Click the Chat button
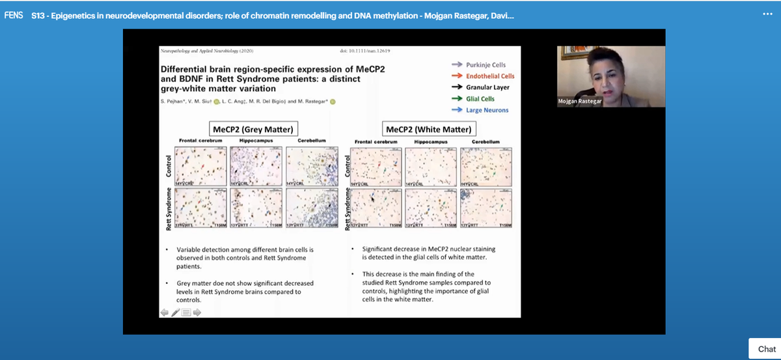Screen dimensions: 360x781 766,349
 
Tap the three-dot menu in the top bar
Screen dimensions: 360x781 767,14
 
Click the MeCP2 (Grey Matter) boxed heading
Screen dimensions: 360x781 251,129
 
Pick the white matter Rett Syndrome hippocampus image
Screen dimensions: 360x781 431,208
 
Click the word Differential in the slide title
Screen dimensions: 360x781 187,68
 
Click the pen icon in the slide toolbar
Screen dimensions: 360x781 175,312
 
